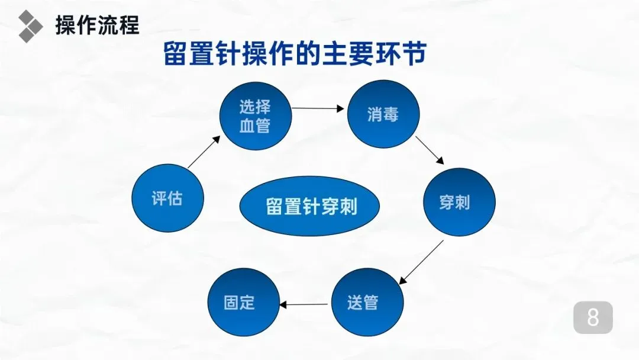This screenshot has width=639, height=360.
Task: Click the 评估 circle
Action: (x=167, y=198)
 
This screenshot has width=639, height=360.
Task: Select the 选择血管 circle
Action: (x=255, y=117)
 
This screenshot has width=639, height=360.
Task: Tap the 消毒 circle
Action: (x=383, y=114)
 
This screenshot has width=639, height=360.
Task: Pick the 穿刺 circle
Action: (x=459, y=202)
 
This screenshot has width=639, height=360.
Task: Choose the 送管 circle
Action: (x=367, y=303)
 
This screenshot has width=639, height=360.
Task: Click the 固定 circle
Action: (x=243, y=302)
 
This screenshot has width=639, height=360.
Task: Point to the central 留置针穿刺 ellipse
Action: (x=311, y=207)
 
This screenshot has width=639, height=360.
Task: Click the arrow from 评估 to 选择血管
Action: (x=203, y=153)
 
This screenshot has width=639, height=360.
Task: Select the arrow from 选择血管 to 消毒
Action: (x=318, y=108)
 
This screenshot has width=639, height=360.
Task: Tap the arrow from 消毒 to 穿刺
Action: (x=430, y=150)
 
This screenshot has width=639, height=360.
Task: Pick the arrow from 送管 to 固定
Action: (x=303, y=304)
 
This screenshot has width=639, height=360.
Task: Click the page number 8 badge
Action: (x=593, y=318)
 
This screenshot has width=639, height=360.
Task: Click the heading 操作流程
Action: (x=97, y=25)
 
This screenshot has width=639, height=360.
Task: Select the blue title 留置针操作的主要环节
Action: (x=295, y=55)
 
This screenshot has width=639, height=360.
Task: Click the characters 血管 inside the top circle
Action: (x=255, y=126)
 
